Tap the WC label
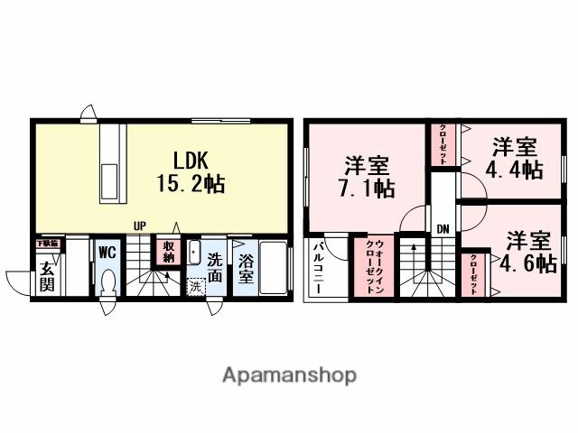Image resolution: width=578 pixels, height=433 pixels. tap(107, 249)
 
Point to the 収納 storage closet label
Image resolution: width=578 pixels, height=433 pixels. tap(168, 251)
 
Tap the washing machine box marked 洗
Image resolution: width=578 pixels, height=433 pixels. tap(196, 287)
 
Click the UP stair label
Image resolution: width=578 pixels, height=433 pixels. tap(140, 226)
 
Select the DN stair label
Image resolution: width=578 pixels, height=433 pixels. tap(443, 229)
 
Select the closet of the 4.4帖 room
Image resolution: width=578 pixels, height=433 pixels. tap(443, 143)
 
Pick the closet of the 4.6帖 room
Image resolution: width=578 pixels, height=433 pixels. tap(474, 275)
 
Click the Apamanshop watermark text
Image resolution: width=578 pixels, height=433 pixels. tap(289, 374)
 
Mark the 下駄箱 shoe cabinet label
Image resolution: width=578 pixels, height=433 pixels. tap(47, 244)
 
